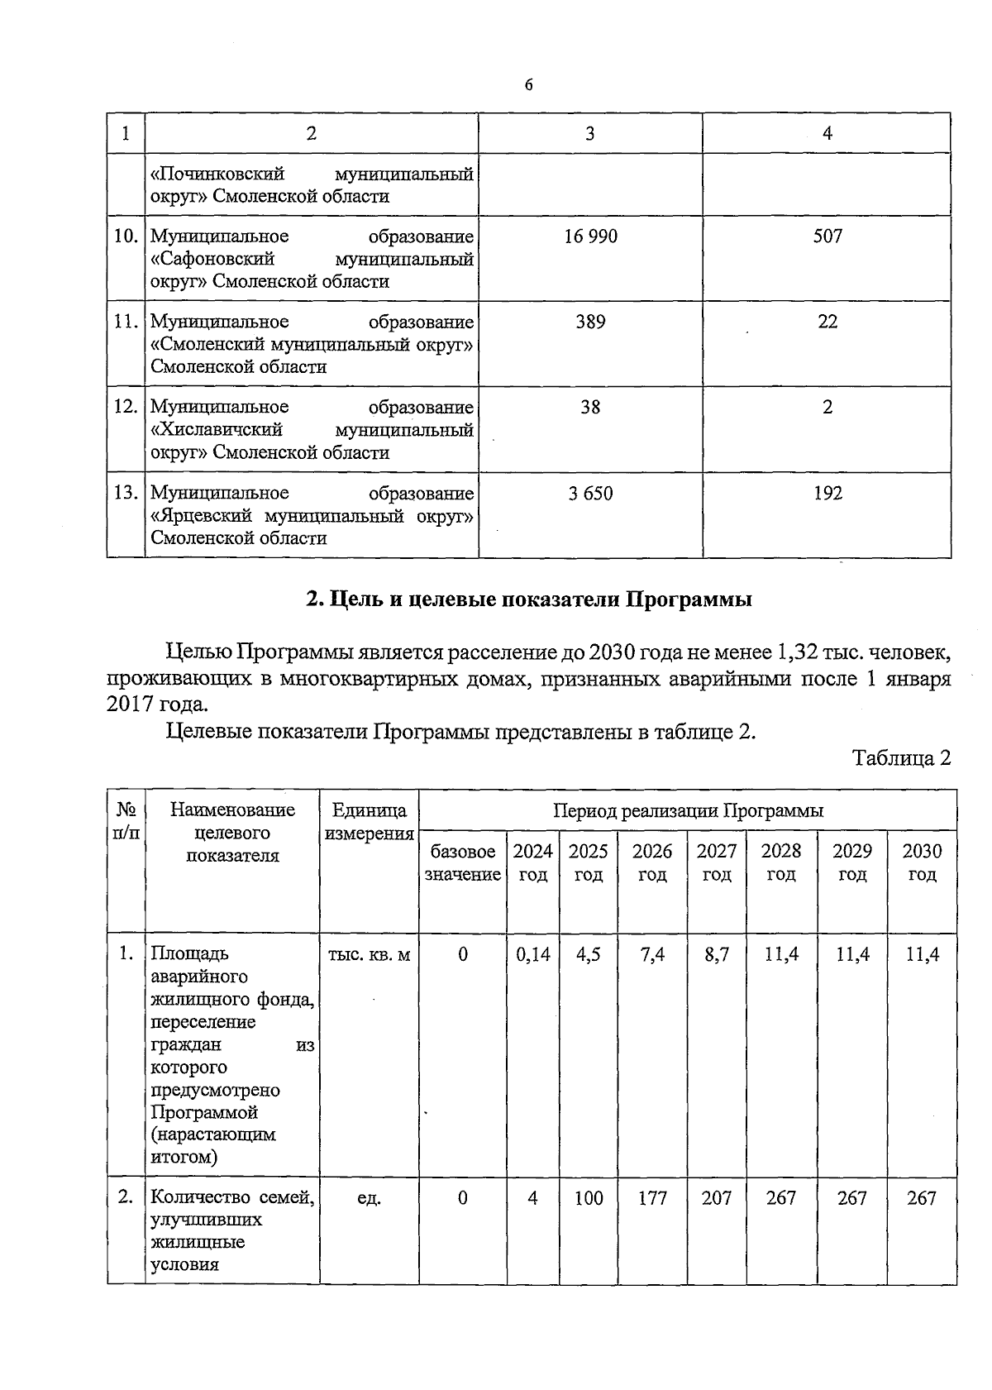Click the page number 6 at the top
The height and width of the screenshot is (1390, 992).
click(x=528, y=85)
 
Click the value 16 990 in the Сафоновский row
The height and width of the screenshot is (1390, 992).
click(x=590, y=236)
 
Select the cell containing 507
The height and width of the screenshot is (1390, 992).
click(x=827, y=236)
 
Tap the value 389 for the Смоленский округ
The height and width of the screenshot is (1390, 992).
click(x=590, y=322)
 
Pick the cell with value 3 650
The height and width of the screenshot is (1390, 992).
click(x=590, y=494)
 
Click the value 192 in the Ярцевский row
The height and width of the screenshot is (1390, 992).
click(x=827, y=494)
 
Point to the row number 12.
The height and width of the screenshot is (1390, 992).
click(x=126, y=407)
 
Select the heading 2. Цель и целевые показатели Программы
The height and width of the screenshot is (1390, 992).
click(x=528, y=599)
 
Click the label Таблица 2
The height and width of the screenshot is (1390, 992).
click(x=902, y=757)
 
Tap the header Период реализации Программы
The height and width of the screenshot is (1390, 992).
click(x=688, y=810)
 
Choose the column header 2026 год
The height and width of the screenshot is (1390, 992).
click(x=652, y=862)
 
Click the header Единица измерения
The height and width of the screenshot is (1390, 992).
click(x=369, y=822)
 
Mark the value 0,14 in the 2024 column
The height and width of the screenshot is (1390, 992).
click(x=532, y=954)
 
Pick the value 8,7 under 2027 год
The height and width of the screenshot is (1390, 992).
click(x=716, y=954)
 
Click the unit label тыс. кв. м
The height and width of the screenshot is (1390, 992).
click(x=369, y=954)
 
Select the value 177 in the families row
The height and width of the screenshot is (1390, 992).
click(x=652, y=1197)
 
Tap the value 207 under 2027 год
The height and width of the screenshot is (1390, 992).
click(x=716, y=1197)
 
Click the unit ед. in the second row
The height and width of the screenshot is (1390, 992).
click(x=369, y=1197)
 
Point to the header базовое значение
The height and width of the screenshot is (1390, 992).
click(x=462, y=862)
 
